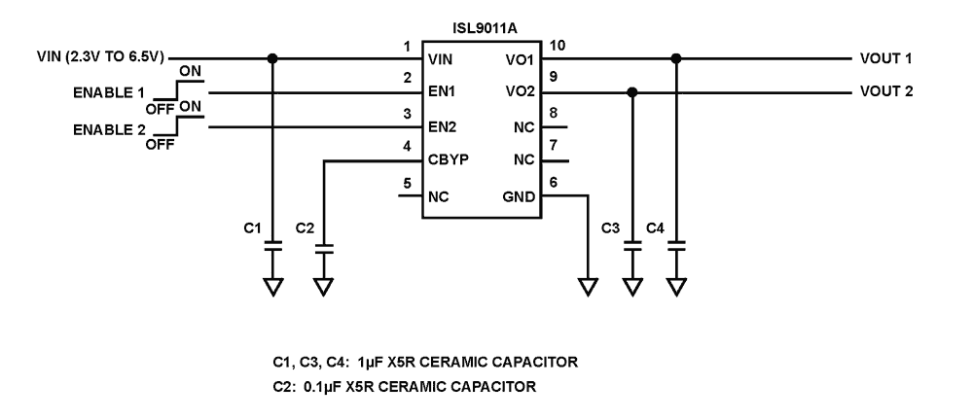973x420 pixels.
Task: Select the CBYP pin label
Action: point(449,161)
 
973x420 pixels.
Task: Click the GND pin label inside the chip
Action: point(518,195)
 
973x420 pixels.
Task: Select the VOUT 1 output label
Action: point(885,58)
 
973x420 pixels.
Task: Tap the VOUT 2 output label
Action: point(885,92)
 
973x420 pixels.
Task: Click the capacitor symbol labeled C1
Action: point(273,247)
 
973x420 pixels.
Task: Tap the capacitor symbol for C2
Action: point(324,247)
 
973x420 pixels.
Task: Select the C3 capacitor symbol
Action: point(632,247)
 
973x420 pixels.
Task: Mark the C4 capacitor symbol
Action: point(676,247)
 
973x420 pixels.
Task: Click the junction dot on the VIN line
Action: point(273,57)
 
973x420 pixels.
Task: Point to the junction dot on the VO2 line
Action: point(632,92)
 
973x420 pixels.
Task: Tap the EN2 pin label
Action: point(443,127)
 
